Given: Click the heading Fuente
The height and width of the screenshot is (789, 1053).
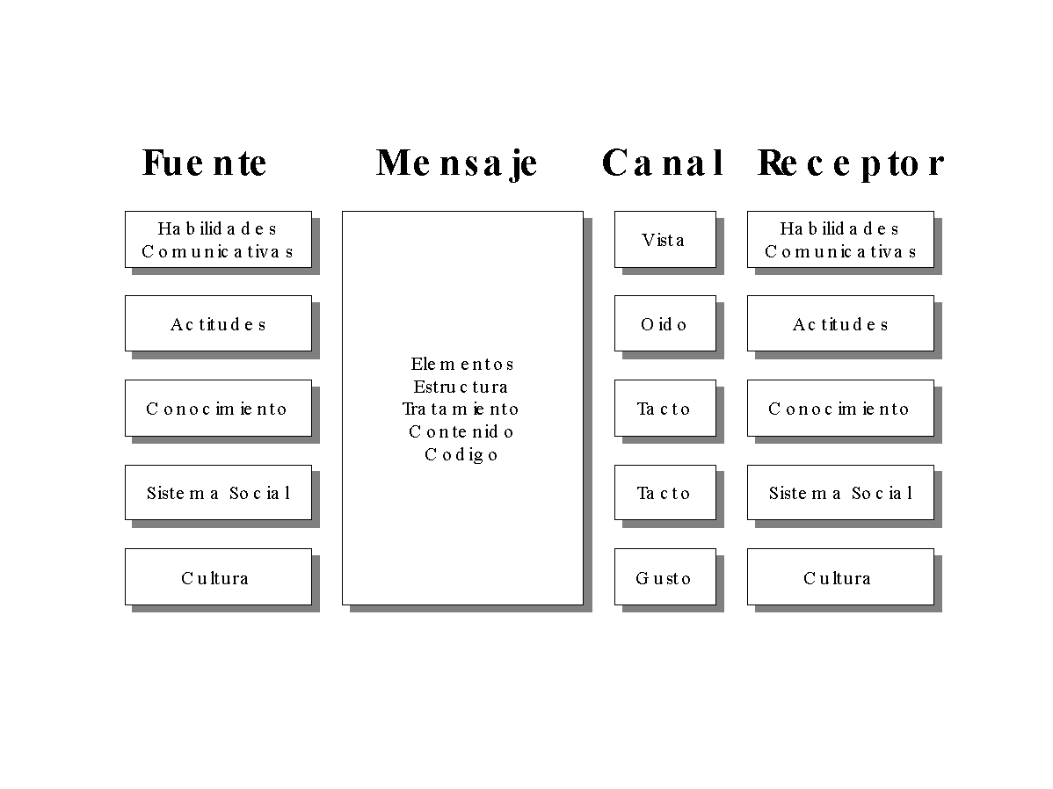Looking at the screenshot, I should coord(204,163).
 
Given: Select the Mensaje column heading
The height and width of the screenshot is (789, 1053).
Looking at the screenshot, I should coord(457,163).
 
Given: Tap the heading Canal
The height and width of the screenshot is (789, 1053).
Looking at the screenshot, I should coord(663,163).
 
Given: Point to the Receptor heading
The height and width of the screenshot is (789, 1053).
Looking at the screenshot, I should coord(850,163).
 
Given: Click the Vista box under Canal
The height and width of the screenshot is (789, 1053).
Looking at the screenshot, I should coord(664,239).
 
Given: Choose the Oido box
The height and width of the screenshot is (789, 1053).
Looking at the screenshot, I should coord(664,323).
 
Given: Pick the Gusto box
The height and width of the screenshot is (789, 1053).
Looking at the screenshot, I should coord(664,577).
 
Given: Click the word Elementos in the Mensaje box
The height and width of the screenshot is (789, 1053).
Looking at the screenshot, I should coord(462,364).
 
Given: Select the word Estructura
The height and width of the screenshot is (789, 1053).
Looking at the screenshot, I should coord(461,387).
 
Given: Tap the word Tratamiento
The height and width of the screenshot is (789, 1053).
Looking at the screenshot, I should coord(461,409).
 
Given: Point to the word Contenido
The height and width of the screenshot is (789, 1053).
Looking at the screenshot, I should coord(461,431).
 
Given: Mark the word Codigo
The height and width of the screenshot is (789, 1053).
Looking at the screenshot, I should coord(461,454).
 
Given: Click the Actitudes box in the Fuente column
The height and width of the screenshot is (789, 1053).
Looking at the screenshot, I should coord(218,323).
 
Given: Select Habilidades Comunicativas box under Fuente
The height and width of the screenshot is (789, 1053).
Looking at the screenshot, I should coord(218,239).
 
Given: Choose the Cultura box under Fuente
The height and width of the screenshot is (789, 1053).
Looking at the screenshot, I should coord(218,577).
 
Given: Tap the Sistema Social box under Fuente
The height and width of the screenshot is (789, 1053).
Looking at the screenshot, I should coord(218,493).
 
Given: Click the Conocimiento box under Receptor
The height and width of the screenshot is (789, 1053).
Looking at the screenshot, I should coord(840,409).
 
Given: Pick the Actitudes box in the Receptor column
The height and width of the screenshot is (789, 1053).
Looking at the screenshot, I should coord(840,323).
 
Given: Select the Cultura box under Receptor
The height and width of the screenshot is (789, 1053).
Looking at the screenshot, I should coord(840,577).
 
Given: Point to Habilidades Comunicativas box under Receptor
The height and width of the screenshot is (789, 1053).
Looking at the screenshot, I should coord(840,239).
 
